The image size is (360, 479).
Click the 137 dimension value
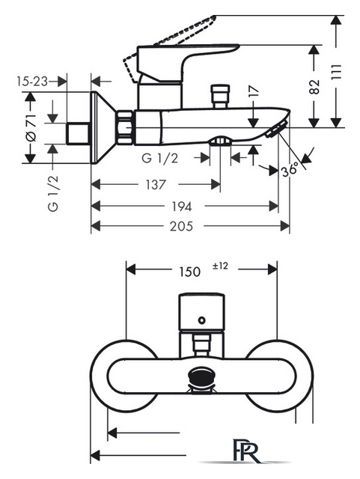[x=156, y=185]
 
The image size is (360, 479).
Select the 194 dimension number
[x=182, y=207]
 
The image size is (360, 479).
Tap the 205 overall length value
[x=182, y=226]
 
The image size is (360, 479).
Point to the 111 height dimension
[x=336, y=73]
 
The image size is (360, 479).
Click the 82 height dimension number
[x=314, y=87]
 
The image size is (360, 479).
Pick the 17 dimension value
[x=253, y=91]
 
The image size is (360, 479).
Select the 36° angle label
[x=290, y=169]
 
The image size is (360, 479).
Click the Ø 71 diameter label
[x=31, y=128]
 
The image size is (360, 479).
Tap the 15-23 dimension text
[x=32, y=82]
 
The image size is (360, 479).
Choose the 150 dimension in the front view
[x=190, y=272]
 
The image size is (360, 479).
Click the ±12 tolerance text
[x=220, y=266]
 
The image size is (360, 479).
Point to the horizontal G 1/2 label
[x=159, y=158]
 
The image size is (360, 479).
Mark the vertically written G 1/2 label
[x=53, y=193]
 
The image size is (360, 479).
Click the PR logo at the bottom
[x=247, y=453]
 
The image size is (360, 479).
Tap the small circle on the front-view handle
[x=201, y=320]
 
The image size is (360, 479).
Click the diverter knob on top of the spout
[x=220, y=96]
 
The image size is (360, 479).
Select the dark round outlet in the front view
[x=201, y=376]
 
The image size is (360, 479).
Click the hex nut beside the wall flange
[x=125, y=127]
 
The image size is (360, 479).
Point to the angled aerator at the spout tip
[x=277, y=129]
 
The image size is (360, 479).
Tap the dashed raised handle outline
[x=168, y=49]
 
